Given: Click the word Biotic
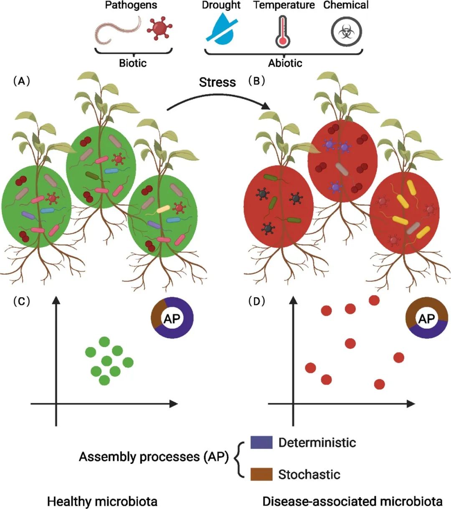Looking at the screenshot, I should tap(133, 63).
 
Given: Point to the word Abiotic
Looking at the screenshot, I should tap(285, 63).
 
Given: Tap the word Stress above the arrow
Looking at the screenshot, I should tap(217, 82).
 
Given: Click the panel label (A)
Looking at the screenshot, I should tap(22, 81).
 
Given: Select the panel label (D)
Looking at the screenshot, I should tap(256, 301).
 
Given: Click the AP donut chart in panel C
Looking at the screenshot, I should tap(172, 318).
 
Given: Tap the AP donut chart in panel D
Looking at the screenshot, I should tap(427, 318).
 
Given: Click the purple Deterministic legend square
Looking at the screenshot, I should tap(261, 442).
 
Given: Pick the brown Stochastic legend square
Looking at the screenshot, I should tap(261, 474).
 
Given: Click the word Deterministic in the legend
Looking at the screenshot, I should tap(317, 442).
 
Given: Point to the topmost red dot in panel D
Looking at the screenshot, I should tap(374, 300).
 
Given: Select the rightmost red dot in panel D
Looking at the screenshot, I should tap(399, 357).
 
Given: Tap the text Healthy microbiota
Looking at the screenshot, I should tap(102, 501).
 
